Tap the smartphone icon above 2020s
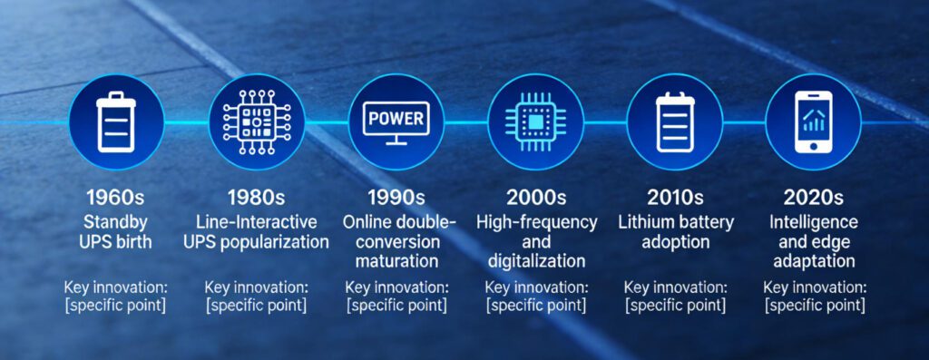[813, 122]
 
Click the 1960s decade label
[116, 197]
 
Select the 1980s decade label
[257, 197]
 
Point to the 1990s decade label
[396, 197]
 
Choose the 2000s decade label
[536, 197]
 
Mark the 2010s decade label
[676, 197]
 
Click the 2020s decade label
[814, 197]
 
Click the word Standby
[116, 221]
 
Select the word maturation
[396, 261]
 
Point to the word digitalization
[536, 261]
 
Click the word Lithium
[645, 221]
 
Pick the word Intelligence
[814, 221]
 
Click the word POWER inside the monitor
[396, 118]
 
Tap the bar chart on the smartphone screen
[813, 119]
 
